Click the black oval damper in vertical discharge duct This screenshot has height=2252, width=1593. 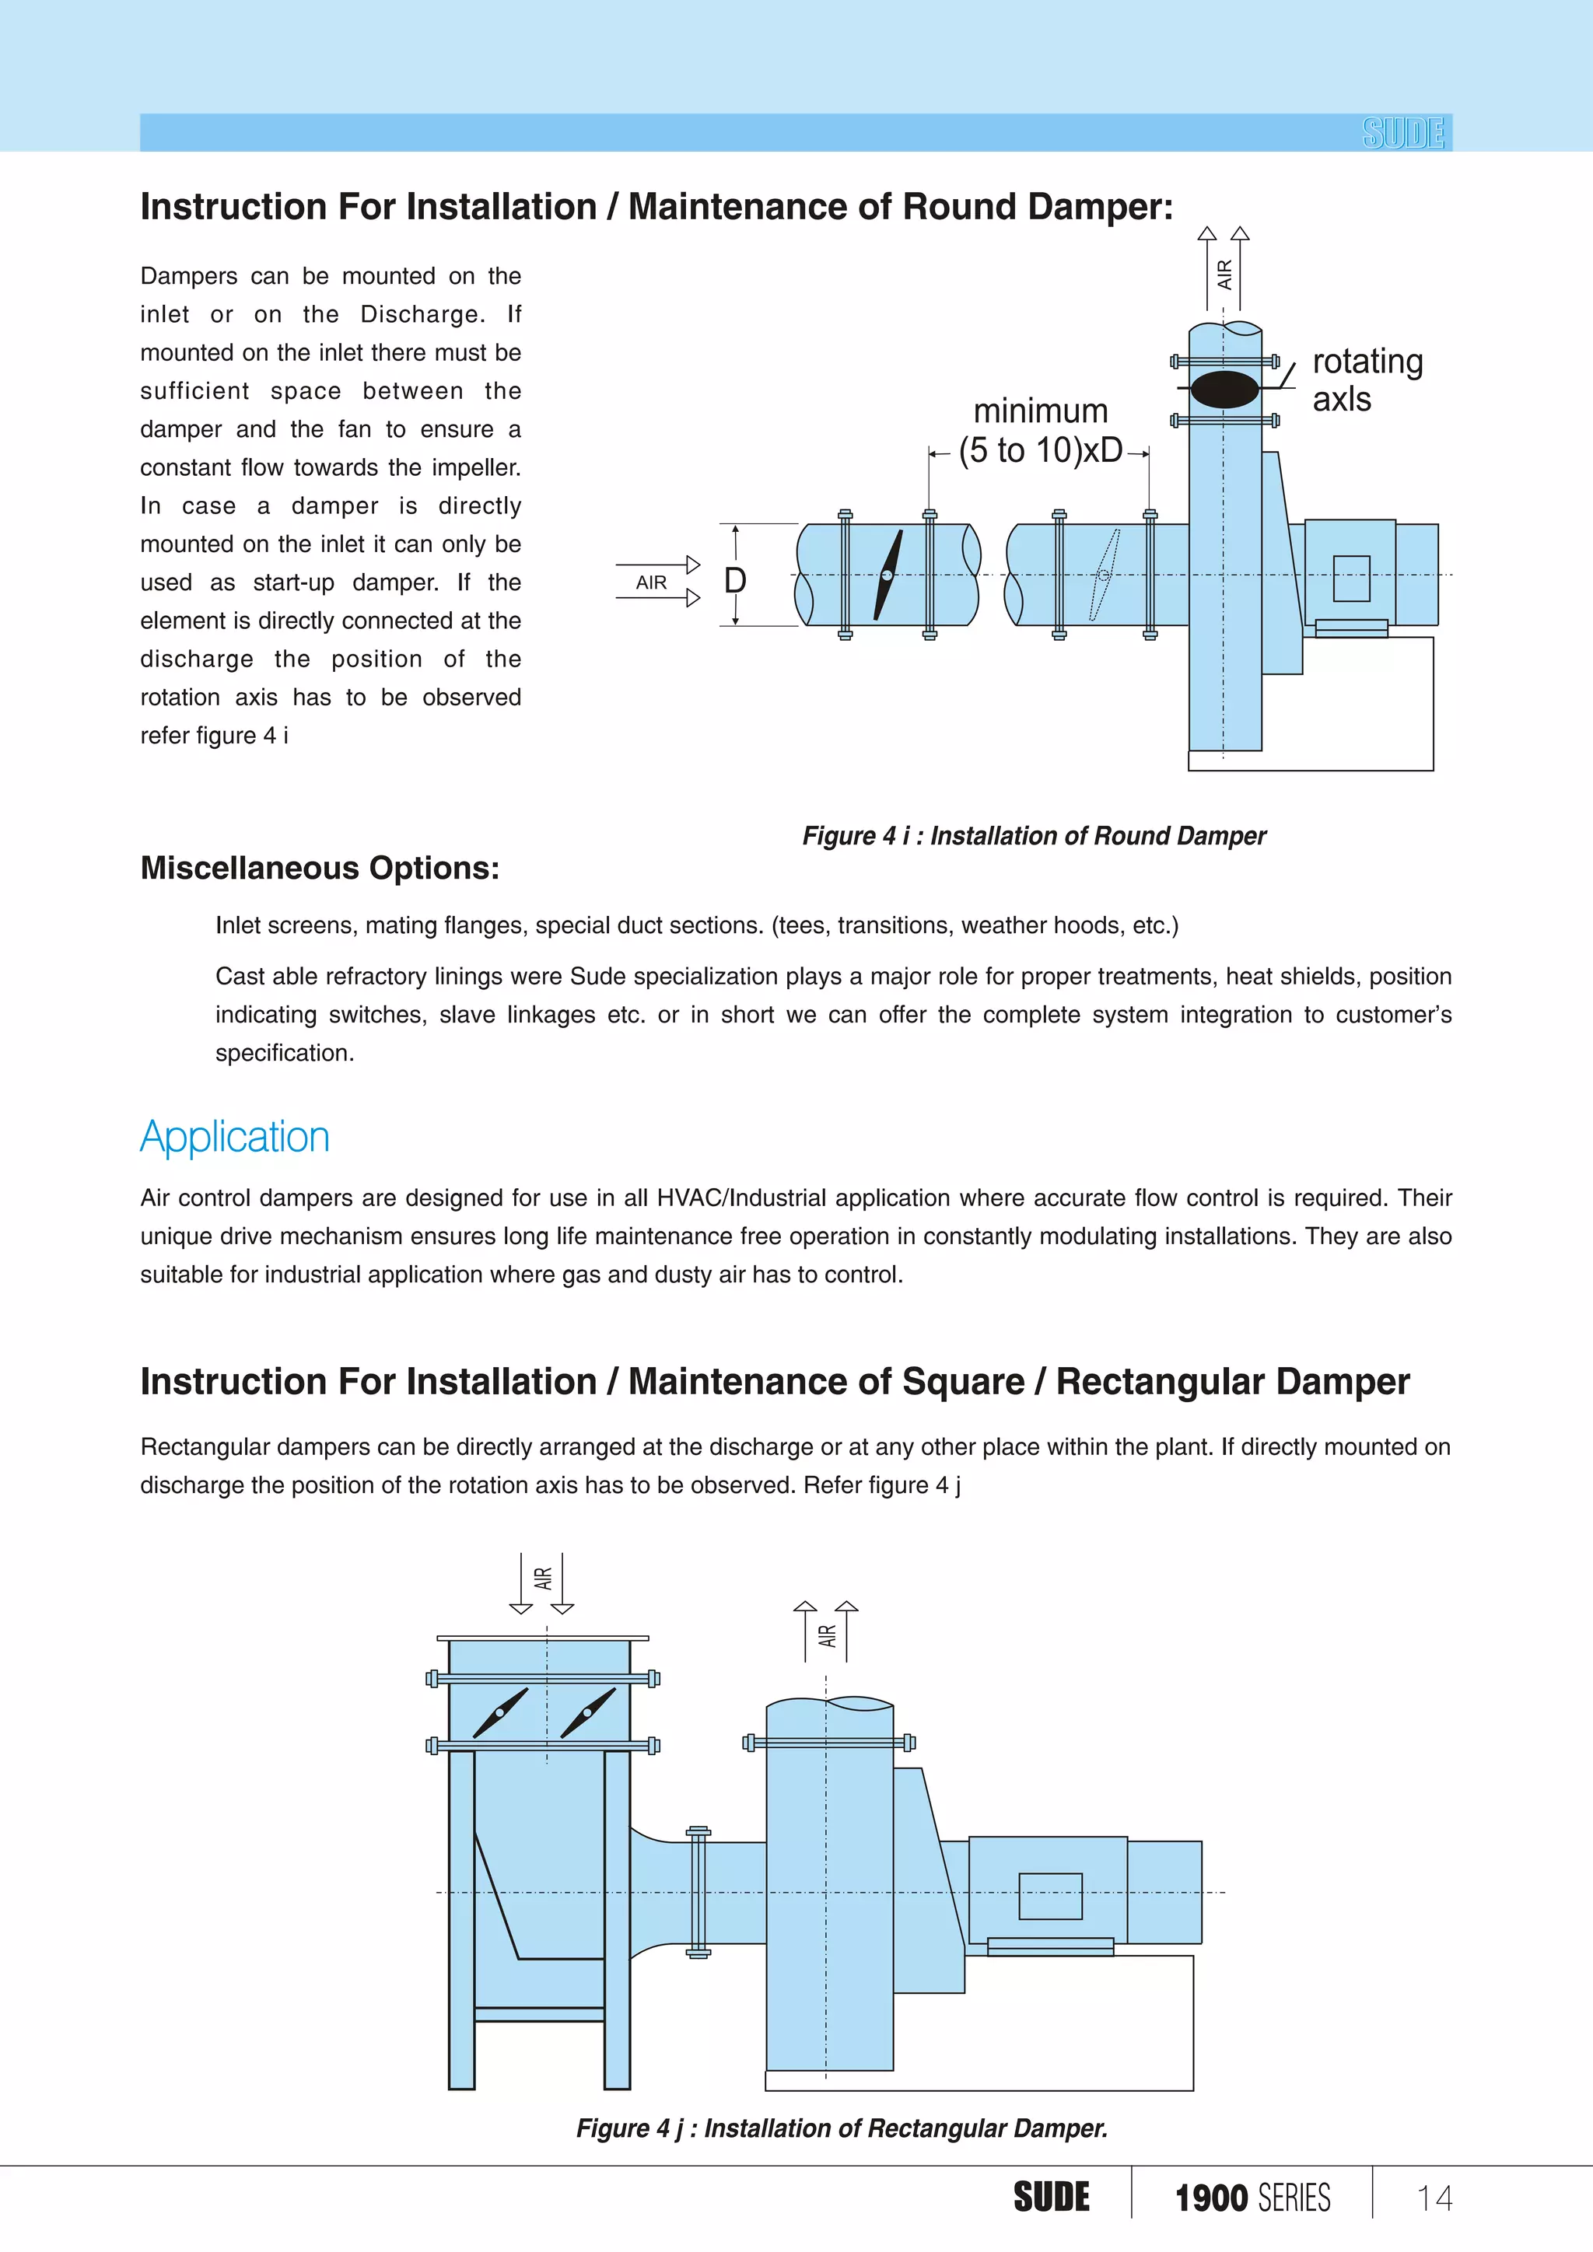(x=1224, y=390)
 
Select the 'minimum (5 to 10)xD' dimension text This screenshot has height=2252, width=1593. (x=1041, y=431)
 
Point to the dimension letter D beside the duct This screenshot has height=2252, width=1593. (x=735, y=581)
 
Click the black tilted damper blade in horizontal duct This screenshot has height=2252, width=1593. (x=888, y=575)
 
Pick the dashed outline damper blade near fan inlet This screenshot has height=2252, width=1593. (x=1105, y=575)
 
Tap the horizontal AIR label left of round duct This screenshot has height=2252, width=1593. (x=651, y=582)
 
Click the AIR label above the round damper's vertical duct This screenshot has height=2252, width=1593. (x=1224, y=274)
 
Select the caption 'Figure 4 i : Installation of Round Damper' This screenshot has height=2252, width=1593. (x=1034, y=836)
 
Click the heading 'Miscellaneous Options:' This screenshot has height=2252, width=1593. (x=320, y=868)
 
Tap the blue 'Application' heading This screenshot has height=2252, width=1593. (x=234, y=1137)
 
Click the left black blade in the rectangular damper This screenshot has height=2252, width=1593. (x=500, y=1712)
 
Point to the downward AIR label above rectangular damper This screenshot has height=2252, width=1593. (x=542, y=1578)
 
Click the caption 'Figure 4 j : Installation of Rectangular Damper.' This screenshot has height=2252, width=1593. (x=842, y=2128)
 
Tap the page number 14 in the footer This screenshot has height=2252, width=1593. (x=1434, y=2198)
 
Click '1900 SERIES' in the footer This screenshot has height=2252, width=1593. (x=1252, y=2198)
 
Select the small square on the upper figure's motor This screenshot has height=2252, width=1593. (x=1351, y=579)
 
